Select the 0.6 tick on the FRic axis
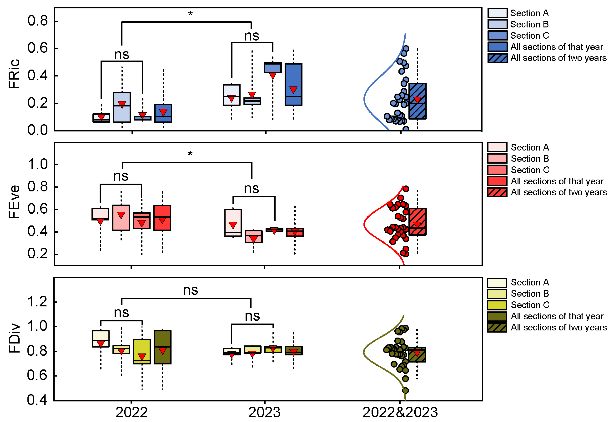pos(38,48)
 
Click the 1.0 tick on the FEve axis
pos(38,164)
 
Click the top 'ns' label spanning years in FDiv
pos(190,290)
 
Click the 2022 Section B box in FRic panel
pos(122,107)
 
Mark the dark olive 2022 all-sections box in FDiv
pos(163,347)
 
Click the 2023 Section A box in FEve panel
pos(233,223)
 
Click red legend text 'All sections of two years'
pos(558,192)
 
